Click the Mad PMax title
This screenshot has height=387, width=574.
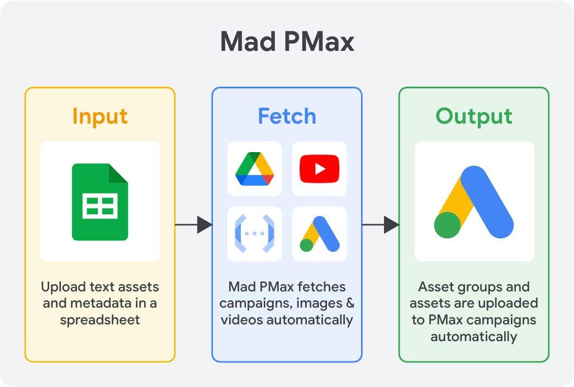click(287, 43)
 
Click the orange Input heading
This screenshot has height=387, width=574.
click(100, 116)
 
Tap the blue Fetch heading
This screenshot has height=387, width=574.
click(287, 116)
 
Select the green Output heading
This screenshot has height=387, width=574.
click(474, 116)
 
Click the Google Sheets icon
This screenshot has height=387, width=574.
click(100, 201)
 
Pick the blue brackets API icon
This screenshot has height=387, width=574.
click(254, 234)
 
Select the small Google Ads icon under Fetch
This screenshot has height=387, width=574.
click(319, 234)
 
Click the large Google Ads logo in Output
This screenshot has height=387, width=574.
click(474, 201)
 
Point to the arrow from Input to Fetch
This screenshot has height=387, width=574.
click(193, 225)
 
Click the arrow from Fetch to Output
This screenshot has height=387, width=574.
click(380, 225)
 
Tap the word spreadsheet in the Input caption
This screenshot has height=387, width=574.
click(100, 320)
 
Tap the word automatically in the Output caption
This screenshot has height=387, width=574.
click(474, 337)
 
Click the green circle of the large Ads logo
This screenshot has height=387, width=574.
click(448, 225)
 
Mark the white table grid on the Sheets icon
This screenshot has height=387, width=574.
click(100, 206)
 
